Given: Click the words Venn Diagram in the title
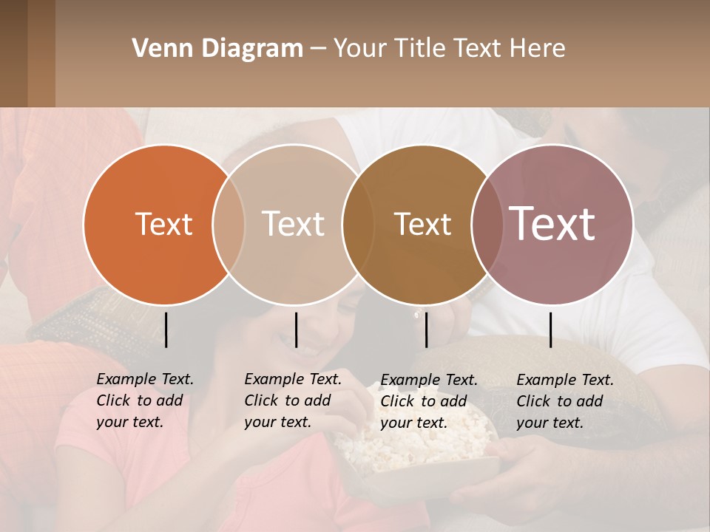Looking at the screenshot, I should tap(217, 49).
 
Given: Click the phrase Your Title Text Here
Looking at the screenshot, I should tap(449, 49).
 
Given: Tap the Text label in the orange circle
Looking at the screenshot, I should tap(163, 224).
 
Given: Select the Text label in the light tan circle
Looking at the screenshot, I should tap(294, 224).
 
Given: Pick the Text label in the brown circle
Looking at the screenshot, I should tap(422, 224).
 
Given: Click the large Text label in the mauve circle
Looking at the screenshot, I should tap(552, 223).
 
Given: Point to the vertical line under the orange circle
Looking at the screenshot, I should tap(166, 330).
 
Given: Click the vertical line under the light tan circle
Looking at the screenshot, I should tap(296, 330).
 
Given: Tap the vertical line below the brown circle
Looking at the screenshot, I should tap(426, 330).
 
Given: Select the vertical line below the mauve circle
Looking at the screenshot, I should tap(550, 330).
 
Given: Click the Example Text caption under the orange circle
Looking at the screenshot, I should tap(145, 400).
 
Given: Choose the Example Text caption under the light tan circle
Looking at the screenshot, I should tap(293, 400).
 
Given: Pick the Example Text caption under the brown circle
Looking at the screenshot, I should tap(429, 401).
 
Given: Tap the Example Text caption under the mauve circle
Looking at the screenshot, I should tap(565, 401).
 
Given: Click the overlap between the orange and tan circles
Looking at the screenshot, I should tap(229, 224).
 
